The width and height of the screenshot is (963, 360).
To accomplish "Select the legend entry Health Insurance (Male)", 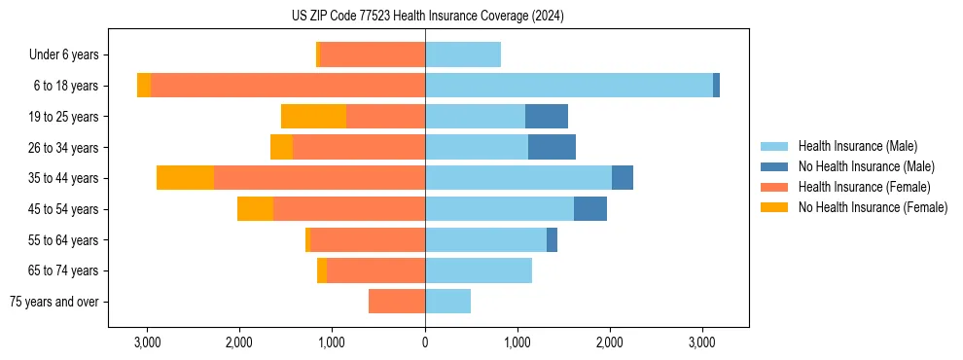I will pos(857,146).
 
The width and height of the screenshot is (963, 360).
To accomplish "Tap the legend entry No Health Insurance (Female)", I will pos(873,207).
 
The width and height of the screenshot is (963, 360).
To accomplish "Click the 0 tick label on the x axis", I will pos(425,343).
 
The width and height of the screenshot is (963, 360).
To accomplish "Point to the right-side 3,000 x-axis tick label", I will pos(702,343).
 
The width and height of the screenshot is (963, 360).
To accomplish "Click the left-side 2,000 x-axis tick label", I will pos(239,343).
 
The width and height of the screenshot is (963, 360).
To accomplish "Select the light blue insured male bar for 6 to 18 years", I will pos(569,86).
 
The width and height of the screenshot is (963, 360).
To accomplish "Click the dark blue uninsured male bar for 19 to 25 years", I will pos(547,117).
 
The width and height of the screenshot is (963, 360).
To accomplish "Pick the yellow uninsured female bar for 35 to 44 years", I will pos(185,178).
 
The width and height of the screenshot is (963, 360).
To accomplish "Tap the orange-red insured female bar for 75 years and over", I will pos(397,302).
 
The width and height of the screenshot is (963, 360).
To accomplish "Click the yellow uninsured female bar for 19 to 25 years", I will pos(313,117).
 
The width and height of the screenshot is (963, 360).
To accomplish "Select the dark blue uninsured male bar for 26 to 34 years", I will pos(552,147).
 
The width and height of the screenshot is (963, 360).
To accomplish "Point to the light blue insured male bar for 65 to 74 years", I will pos(479,270).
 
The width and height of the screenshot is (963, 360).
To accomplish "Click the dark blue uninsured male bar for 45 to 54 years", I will pos(590,209).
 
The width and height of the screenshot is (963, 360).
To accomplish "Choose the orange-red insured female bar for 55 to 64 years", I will pos(368,239).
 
